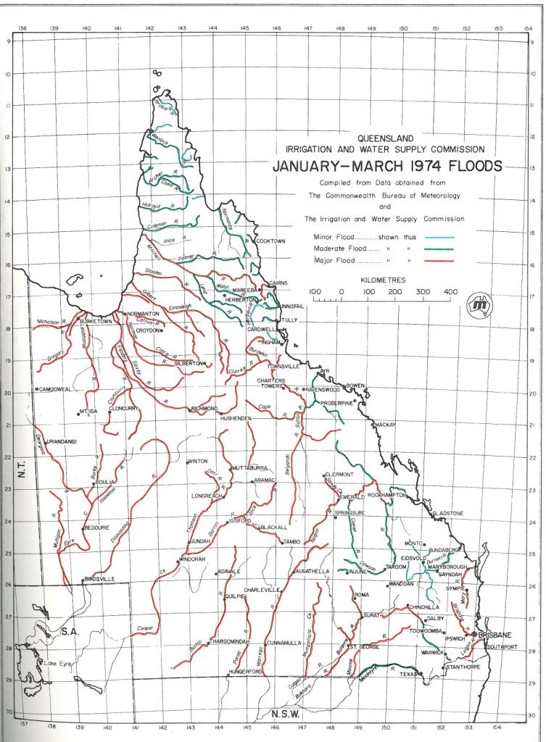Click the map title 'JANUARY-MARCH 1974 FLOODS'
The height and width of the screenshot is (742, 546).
pyautogui.click(x=386, y=166)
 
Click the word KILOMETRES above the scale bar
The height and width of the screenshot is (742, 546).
pyautogui.click(x=386, y=278)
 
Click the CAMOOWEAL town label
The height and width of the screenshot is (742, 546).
pyautogui.click(x=56, y=389)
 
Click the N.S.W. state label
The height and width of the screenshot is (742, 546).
pyautogui.click(x=285, y=714)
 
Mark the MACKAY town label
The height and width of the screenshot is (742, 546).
pyautogui.click(x=386, y=424)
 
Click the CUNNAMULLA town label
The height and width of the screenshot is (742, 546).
pyautogui.click(x=284, y=643)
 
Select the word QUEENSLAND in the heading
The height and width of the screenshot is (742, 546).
pyautogui.click(x=386, y=138)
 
